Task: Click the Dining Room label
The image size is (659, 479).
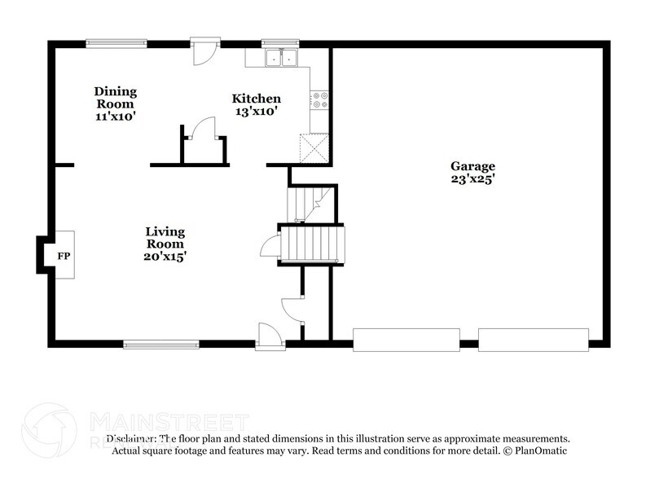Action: click(115, 103)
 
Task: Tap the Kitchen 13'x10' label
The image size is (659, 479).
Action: click(257, 105)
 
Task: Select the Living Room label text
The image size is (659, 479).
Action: click(165, 243)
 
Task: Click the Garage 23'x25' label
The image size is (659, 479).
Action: click(472, 172)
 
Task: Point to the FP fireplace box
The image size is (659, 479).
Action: click(64, 255)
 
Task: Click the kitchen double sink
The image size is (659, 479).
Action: click(283, 58)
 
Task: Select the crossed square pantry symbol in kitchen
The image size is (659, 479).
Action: click(313, 147)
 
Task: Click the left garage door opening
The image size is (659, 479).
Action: click(406, 340)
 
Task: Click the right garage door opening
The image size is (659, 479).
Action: click(533, 340)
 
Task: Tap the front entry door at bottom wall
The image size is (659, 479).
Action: click(270, 336)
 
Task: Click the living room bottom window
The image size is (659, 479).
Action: click(161, 345)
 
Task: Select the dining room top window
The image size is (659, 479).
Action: click(116, 43)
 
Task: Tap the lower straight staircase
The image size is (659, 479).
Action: click(312, 243)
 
